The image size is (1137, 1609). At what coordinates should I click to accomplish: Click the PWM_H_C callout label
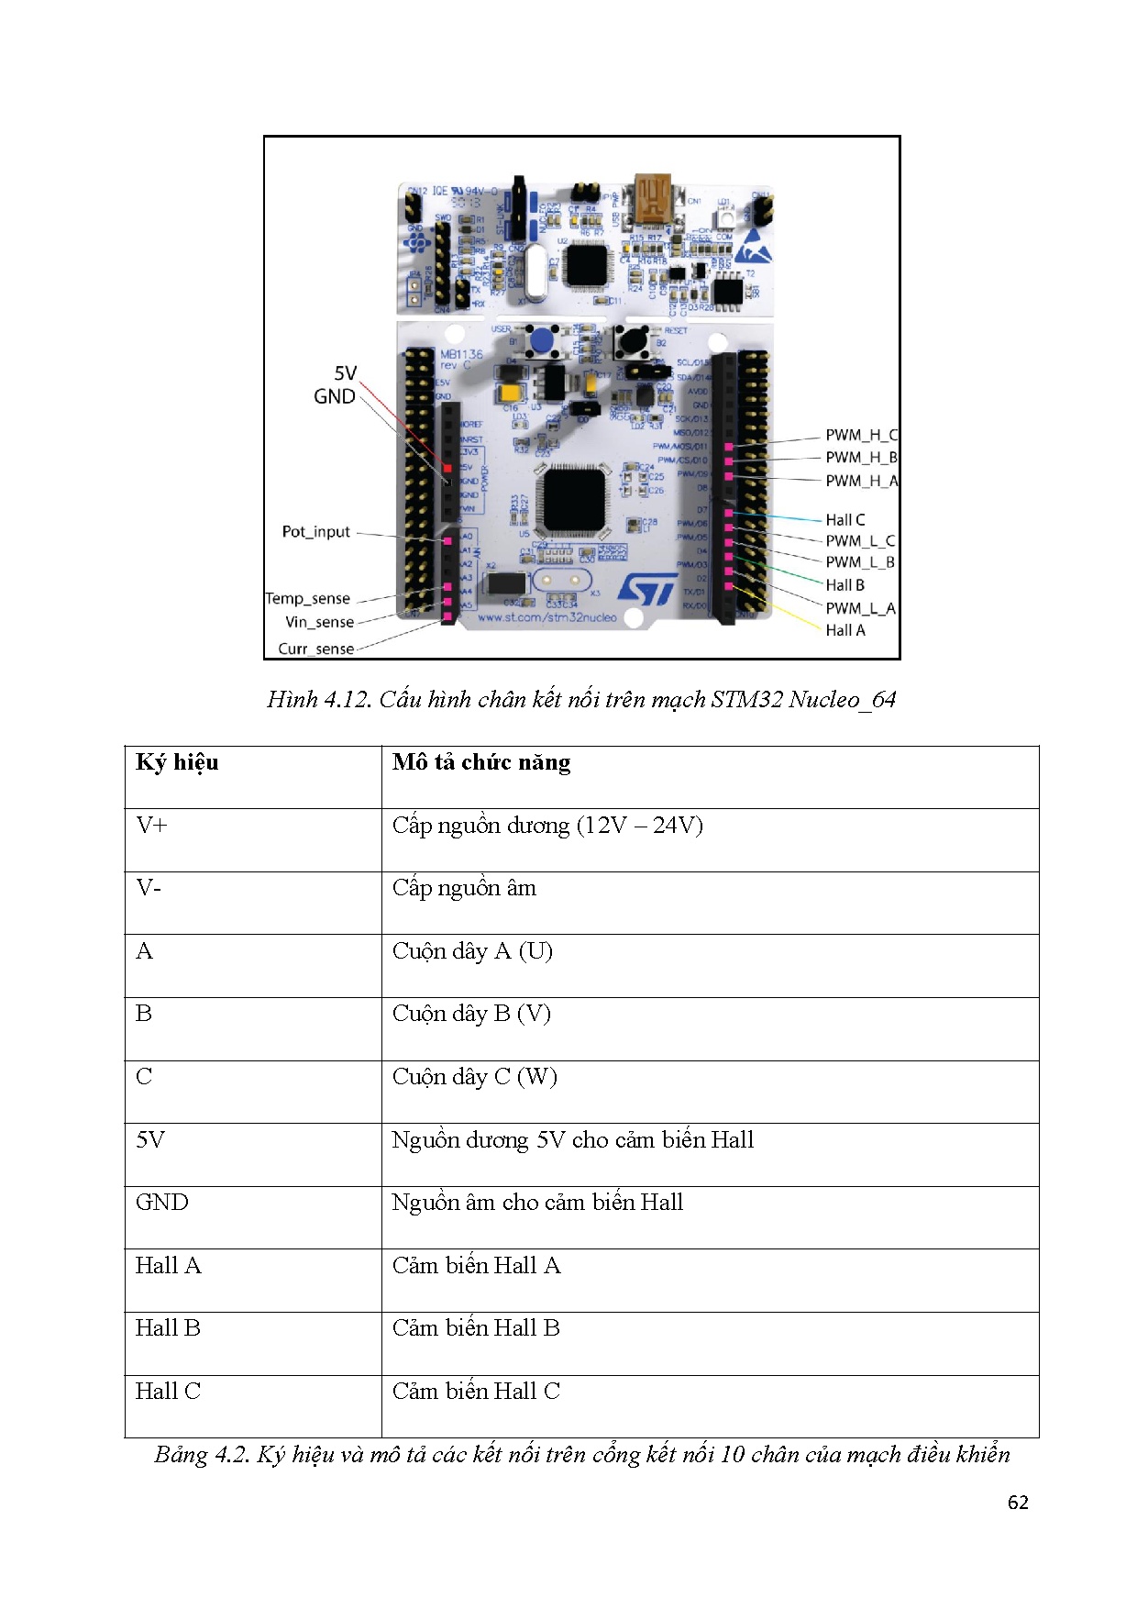click(x=861, y=435)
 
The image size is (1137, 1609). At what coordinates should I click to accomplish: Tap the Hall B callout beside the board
click(x=844, y=585)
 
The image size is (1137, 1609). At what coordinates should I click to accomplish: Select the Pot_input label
click(x=316, y=532)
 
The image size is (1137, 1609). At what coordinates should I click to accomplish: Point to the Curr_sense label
click(x=316, y=649)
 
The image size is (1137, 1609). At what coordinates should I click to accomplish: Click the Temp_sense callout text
click(x=308, y=599)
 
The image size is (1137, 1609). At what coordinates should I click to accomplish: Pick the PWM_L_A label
click(x=860, y=608)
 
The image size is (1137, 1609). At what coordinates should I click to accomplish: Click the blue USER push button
click(x=541, y=341)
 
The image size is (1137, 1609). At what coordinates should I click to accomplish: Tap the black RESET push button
click(x=633, y=342)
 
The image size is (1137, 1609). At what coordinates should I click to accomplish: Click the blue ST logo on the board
click(x=647, y=590)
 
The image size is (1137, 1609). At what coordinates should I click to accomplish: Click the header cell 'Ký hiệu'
click(x=177, y=762)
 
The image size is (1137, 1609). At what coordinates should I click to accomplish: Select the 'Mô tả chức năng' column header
click(x=481, y=762)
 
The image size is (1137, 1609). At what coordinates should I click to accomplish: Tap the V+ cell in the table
click(x=151, y=825)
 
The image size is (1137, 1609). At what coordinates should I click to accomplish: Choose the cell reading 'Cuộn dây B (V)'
click(x=471, y=1014)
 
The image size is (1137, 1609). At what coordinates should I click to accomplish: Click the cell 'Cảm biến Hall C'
click(x=476, y=1392)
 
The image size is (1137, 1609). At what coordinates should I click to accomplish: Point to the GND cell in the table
click(x=162, y=1203)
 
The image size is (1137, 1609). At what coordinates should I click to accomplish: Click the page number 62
click(x=1018, y=1503)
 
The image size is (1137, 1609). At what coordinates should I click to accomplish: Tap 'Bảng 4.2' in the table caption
click(x=201, y=1455)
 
